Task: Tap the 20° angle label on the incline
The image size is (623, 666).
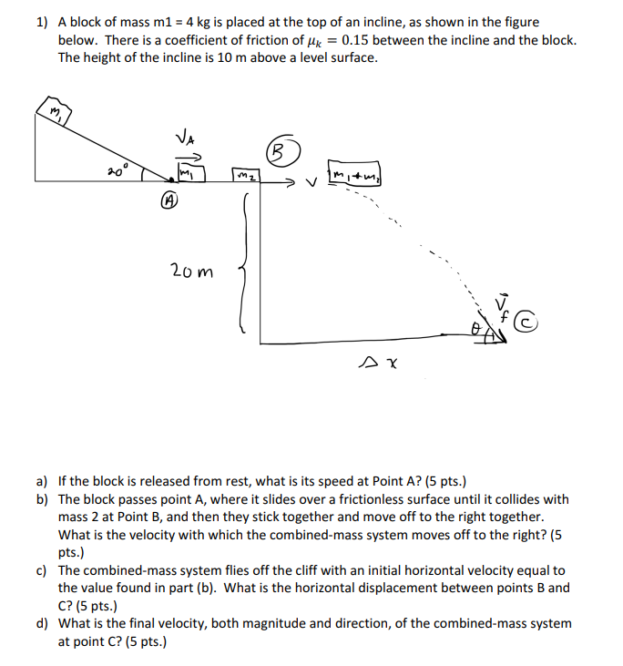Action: [118, 170]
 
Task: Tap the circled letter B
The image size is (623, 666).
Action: [279, 149]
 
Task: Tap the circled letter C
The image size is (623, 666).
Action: [526, 322]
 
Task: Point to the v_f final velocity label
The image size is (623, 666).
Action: [500, 306]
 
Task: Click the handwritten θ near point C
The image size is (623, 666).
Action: [476, 326]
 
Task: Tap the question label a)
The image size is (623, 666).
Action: [43, 479]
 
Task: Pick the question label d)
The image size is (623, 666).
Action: [43, 623]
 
